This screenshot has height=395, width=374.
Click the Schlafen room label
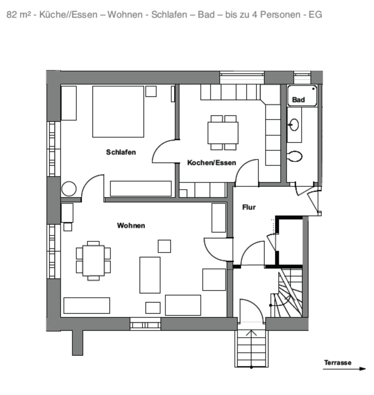(x=121, y=152)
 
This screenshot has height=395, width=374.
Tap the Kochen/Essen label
(x=211, y=163)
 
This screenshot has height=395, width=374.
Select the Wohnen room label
(x=131, y=225)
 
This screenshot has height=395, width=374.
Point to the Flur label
(x=249, y=207)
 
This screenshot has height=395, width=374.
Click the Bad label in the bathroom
(x=298, y=100)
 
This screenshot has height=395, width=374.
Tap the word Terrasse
(x=337, y=362)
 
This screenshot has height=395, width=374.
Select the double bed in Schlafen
(x=118, y=112)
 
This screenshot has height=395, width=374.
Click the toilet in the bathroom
(x=295, y=156)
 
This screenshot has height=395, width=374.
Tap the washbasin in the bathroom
(x=294, y=124)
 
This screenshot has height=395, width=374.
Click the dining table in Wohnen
(x=93, y=260)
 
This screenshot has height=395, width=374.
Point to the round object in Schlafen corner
(x=69, y=189)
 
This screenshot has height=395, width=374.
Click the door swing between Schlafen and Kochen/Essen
(x=165, y=152)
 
